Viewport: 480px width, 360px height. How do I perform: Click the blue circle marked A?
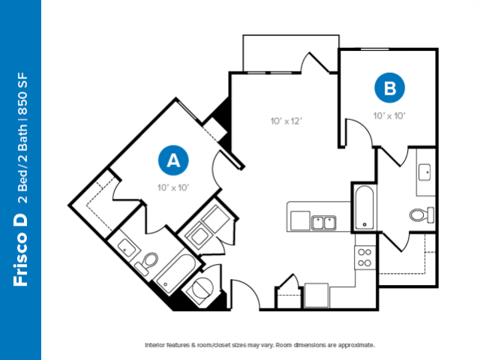[173, 160]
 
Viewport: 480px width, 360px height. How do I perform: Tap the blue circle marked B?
[390, 88]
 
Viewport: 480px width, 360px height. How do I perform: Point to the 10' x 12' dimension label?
[286, 121]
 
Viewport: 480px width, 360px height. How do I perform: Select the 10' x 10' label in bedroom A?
[173, 187]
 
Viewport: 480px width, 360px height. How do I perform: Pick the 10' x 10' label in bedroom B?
[389, 115]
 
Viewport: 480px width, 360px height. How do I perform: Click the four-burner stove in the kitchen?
[364, 257]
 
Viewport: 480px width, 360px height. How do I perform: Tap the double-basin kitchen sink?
[323, 223]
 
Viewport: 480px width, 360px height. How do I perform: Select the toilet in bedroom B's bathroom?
[421, 214]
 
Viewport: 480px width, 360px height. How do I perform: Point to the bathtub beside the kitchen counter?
[364, 207]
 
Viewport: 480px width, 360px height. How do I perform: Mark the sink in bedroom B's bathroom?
[424, 172]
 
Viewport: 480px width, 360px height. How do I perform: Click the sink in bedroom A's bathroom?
[127, 248]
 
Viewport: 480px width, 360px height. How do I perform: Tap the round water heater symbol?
[202, 288]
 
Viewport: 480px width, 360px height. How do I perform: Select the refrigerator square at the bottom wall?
[316, 295]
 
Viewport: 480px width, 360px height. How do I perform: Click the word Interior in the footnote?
[154, 345]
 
